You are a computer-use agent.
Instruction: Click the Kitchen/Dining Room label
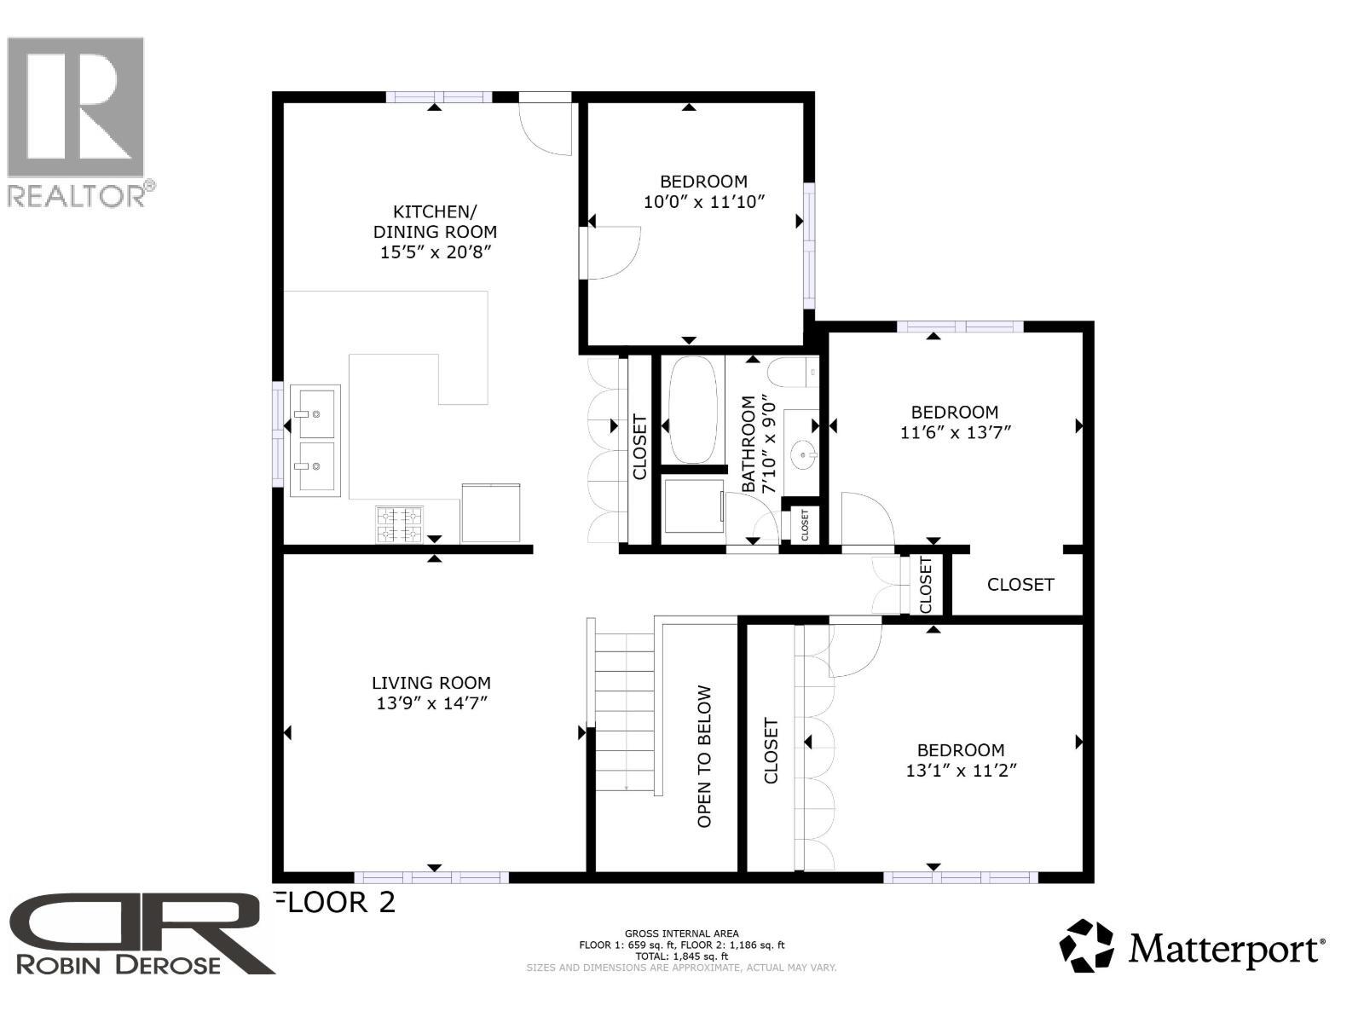click(x=435, y=222)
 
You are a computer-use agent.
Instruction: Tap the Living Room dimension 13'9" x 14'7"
click(x=431, y=703)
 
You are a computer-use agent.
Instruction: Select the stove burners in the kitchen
click(x=400, y=524)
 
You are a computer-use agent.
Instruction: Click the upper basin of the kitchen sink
click(x=315, y=413)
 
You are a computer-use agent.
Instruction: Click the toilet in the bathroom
click(x=791, y=373)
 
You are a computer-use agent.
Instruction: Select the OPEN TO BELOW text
click(x=704, y=756)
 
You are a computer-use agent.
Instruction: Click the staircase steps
click(x=624, y=711)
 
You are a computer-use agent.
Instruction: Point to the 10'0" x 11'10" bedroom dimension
click(x=704, y=202)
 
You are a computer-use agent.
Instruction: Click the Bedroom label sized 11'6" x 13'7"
click(x=955, y=412)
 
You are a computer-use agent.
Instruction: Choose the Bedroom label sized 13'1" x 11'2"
click(x=961, y=750)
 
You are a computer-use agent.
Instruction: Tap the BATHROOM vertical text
click(x=748, y=444)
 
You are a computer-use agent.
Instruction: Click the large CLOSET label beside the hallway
click(x=1020, y=585)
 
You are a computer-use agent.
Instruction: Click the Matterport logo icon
click(x=1086, y=945)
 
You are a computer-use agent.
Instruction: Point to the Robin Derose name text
click(x=118, y=965)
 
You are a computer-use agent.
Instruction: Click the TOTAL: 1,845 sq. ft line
click(x=681, y=957)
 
